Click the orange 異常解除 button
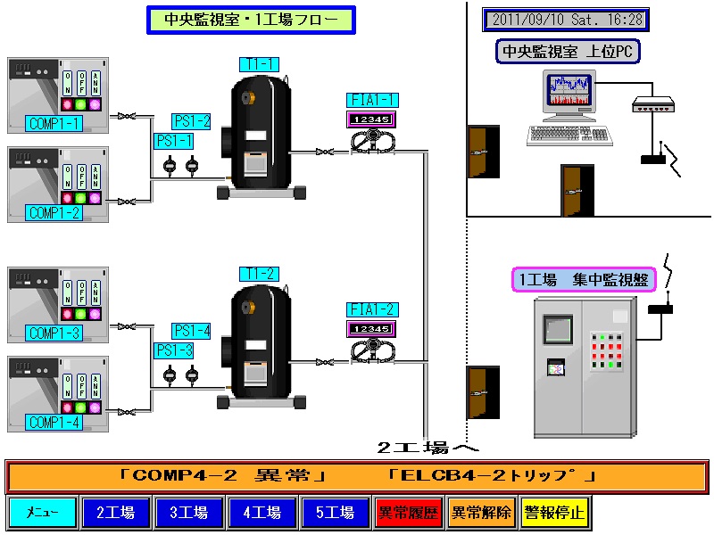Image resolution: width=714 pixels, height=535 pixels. pos(481,513)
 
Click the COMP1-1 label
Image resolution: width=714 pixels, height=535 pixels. pos(54,123)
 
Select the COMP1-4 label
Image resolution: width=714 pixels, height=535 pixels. pos(54,423)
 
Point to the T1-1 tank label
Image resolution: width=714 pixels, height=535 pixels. pos(259,64)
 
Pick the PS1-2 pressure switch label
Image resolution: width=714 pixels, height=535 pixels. pos(192,121)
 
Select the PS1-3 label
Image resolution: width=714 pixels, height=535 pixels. pos(174,350)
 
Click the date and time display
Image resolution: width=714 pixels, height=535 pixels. pos(566,20)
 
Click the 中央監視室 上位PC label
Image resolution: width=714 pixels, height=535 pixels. pos(568,52)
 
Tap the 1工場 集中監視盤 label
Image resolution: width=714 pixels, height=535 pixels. pos(584,280)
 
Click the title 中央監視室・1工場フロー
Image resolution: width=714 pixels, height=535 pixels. pos(251,20)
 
